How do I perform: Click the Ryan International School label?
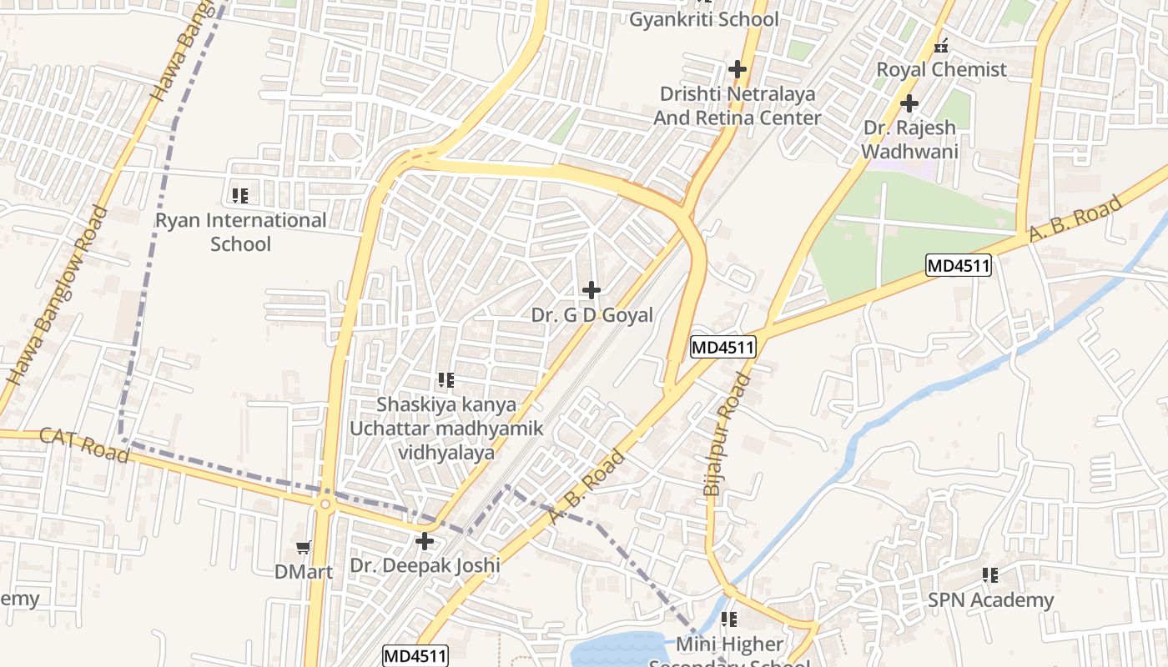click(240, 232)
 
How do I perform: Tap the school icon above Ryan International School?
click(239, 196)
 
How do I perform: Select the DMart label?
click(304, 572)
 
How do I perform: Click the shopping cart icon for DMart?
click(304, 547)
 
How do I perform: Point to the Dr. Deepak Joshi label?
click(425, 565)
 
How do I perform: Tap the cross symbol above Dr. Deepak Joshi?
click(425, 541)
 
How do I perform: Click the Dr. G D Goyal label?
click(592, 316)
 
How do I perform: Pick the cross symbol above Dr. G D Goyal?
click(592, 290)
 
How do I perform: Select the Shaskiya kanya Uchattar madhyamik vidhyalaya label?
click(446, 429)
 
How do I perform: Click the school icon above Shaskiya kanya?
click(446, 381)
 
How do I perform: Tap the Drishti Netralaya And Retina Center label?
click(737, 106)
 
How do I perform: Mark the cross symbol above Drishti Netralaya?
click(737, 68)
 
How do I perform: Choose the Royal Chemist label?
click(941, 69)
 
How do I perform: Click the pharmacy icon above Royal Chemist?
click(941, 46)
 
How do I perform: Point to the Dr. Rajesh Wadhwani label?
click(909, 140)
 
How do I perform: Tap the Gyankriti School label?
click(703, 19)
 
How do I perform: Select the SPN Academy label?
click(991, 599)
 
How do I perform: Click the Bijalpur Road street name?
click(727, 435)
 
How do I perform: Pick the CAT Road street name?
click(84, 444)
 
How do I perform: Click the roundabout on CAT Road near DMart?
click(325, 504)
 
